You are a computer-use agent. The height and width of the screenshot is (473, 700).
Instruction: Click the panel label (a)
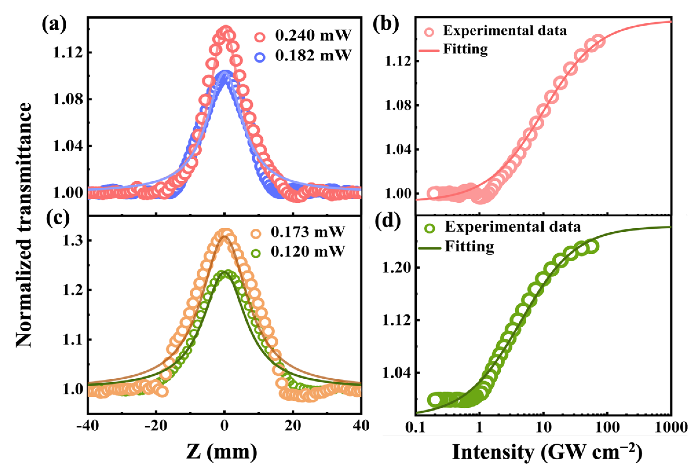[54, 25]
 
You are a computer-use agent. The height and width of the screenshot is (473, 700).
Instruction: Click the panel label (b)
[386, 25]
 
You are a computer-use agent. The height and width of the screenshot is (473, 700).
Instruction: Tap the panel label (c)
[58, 219]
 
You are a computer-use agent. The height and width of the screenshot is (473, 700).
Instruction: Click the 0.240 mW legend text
[313, 36]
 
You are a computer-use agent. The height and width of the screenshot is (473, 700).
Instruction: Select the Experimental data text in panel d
[513, 227]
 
